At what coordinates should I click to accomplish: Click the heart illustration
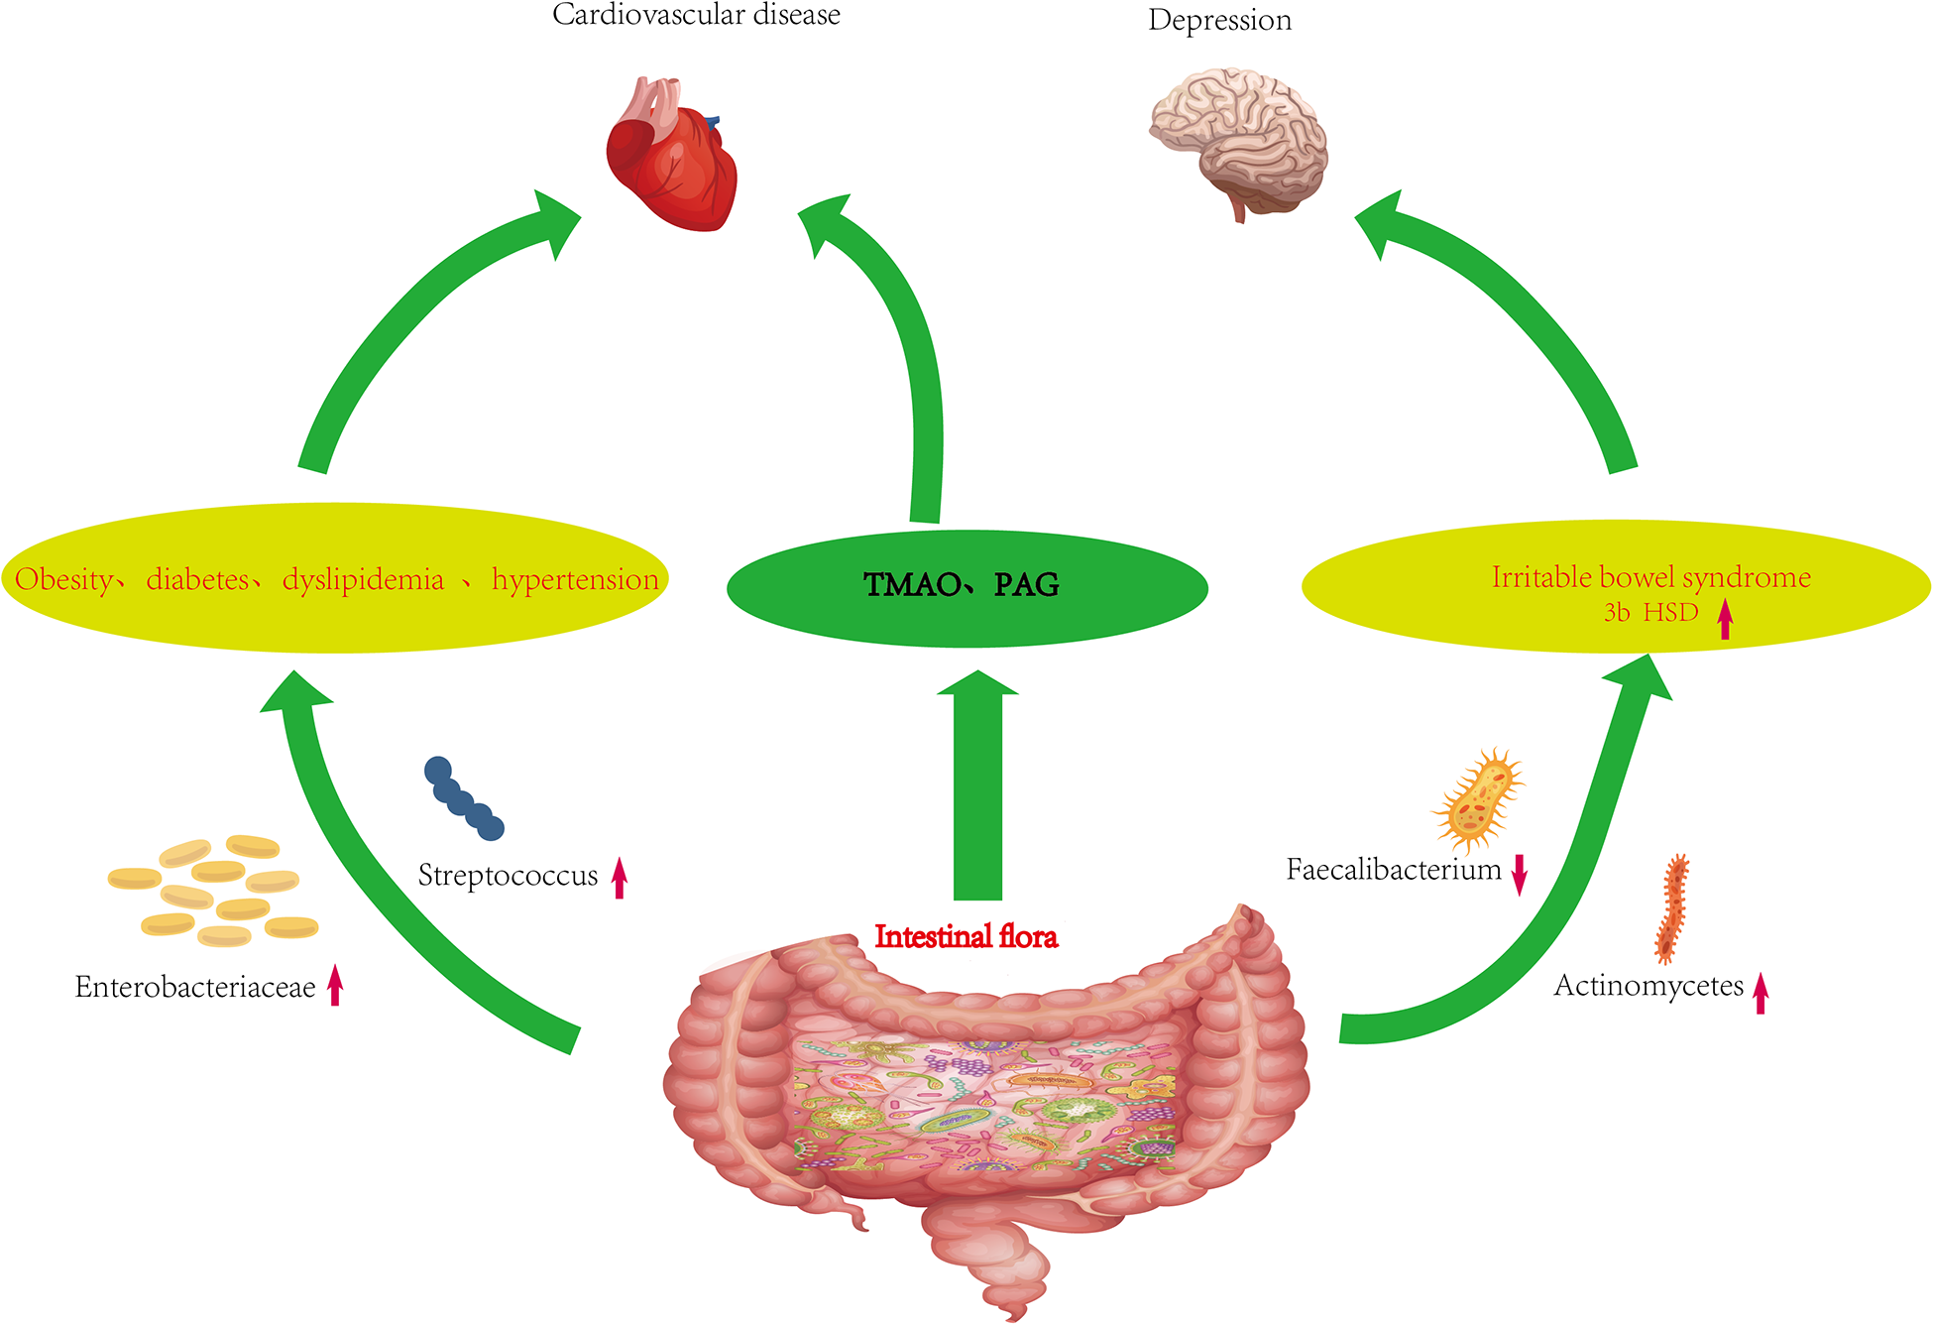point(671,156)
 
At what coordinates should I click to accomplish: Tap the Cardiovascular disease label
point(696,15)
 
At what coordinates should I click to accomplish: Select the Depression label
point(1219,20)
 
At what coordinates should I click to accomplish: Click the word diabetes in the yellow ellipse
point(197,579)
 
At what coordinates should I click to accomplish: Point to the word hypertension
point(575,579)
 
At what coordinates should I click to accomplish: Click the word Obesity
point(63,579)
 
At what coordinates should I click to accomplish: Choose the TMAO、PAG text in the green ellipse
point(962,585)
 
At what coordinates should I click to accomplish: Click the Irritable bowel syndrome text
point(1650,577)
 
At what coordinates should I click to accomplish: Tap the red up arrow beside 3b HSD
point(1725,619)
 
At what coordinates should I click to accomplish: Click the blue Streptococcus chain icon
point(463,798)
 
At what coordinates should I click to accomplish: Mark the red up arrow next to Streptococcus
point(620,878)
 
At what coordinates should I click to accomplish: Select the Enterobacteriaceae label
point(195,987)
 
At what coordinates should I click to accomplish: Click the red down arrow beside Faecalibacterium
point(1519,875)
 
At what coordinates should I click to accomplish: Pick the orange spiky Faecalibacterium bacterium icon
point(1477,800)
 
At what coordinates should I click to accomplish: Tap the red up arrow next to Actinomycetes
point(1760,992)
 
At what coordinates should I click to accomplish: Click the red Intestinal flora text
point(966,936)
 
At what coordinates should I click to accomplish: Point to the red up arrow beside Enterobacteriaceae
point(335,984)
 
